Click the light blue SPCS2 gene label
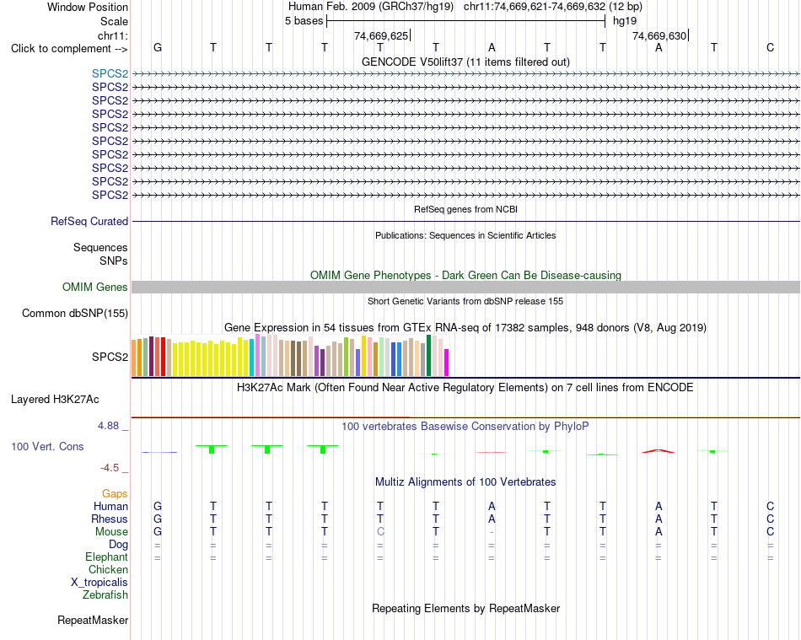tap(110, 73)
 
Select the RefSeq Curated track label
tap(89, 221)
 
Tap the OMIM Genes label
tap(95, 287)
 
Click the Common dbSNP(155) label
tap(75, 313)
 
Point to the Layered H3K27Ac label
tap(55, 400)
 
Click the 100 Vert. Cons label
tap(47, 446)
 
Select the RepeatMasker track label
tap(93, 620)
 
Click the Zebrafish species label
tap(105, 594)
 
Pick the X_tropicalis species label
tap(99, 583)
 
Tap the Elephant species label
tap(107, 557)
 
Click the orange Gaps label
tap(115, 493)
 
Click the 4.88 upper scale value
tap(108, 426)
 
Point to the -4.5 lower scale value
tap(110, 468)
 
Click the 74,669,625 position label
tap(381, 35)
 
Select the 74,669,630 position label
tap(659, 35)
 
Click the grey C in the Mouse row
tap(380, 532)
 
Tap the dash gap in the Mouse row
tap(492, 532)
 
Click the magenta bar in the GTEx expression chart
tap(447, 363)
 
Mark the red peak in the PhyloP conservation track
tap(659, 451)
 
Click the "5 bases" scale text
tap(304, 21)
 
